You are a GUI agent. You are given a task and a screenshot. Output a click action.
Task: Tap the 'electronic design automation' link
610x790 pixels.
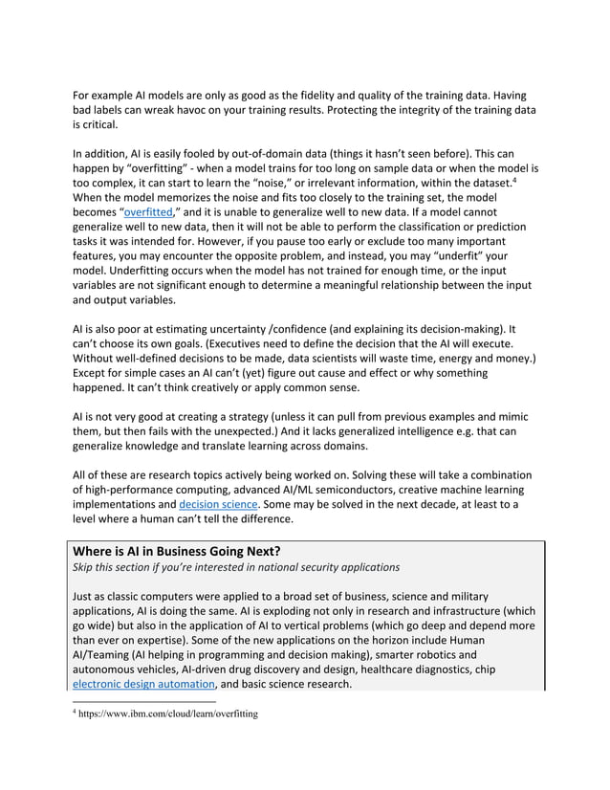tap(143, 684)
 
